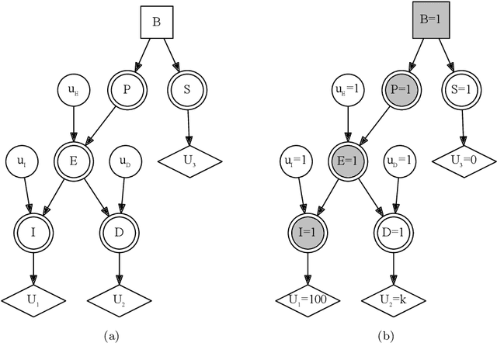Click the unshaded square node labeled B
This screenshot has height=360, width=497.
[156, 22]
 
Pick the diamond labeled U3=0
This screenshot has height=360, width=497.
[464, 161]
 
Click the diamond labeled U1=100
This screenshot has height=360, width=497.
[308, 299]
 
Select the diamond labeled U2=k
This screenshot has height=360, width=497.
[393, 299]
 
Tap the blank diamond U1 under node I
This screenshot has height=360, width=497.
[33, 299]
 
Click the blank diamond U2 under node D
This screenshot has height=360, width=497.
[118, 299]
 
